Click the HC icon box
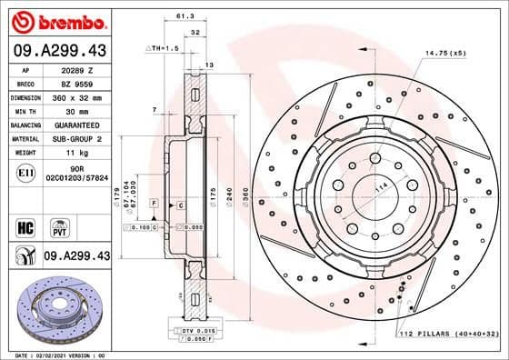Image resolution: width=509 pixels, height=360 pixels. [x=25, y=225]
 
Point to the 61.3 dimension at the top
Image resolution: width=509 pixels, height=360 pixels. [x=185, y=15]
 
